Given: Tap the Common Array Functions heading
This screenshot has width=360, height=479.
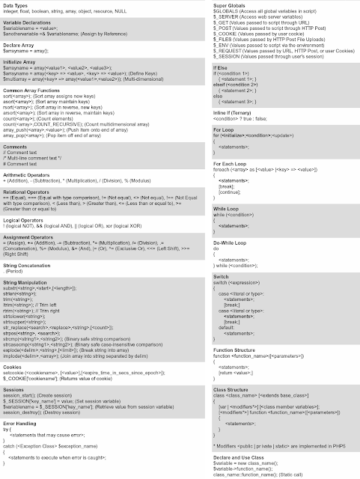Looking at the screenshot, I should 34,88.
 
